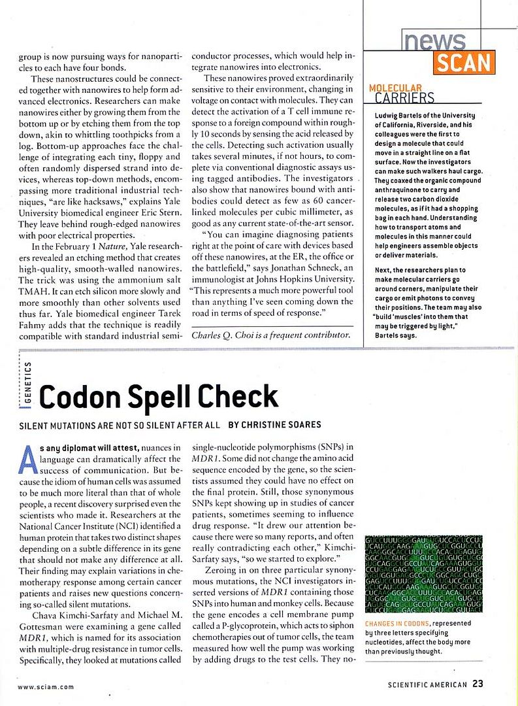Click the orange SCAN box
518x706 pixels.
pyautogui.click(x=463, y=62)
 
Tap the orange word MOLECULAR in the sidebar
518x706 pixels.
pyautogui.click(x=395, y=88)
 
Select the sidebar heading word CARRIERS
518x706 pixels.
pyautogui.click(x=405, y=99)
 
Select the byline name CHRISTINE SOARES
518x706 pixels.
pyautogui.click(x=281, y=425)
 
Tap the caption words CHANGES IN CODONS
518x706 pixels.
pyautogui.click(x=397, y=624)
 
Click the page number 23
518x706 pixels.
pyautogui.click(x=478, y=684)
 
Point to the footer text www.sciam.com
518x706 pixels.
pyautogui.click(x=45, y=686)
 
